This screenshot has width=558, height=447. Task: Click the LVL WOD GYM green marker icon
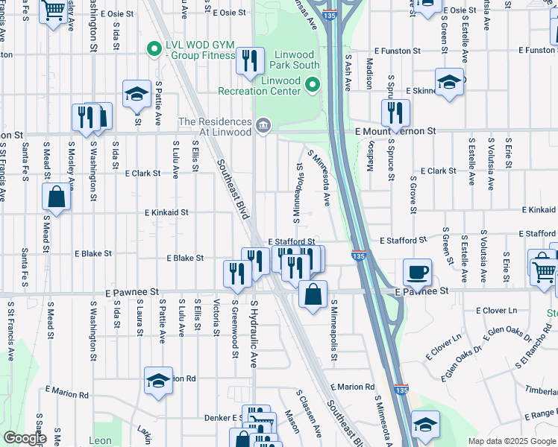154,50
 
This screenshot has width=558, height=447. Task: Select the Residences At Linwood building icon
262,124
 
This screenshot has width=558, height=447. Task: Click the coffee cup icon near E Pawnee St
417,271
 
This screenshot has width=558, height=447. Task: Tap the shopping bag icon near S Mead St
57,197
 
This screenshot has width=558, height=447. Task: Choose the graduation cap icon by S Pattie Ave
137,93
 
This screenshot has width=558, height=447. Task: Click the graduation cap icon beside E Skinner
449,82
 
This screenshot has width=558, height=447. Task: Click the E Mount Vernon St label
395,131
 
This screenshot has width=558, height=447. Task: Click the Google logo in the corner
24,438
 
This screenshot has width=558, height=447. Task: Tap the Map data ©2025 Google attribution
511,441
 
